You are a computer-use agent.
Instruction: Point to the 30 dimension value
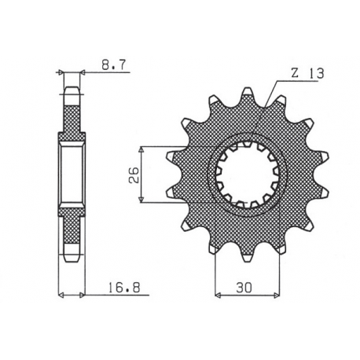246,288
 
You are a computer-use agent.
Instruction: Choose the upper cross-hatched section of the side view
72,118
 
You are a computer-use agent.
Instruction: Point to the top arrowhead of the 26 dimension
141,147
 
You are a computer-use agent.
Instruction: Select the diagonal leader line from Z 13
267,110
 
